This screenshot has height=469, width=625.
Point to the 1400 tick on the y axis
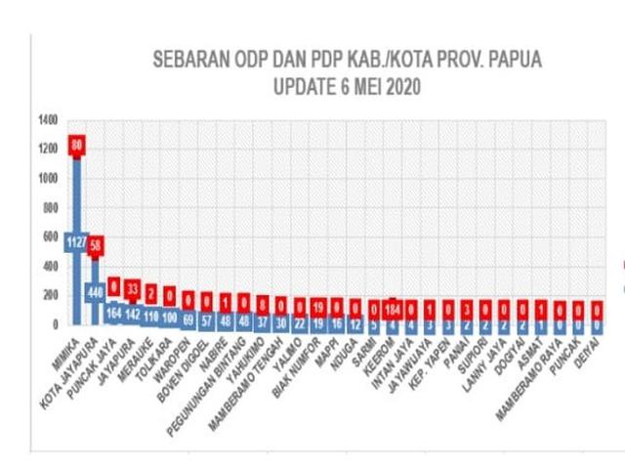48,121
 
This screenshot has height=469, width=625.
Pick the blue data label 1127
76,243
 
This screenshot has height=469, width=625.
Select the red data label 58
96,244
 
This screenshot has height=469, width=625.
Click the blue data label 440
96,290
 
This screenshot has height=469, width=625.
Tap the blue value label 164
114,314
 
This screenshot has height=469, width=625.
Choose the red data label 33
133,289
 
